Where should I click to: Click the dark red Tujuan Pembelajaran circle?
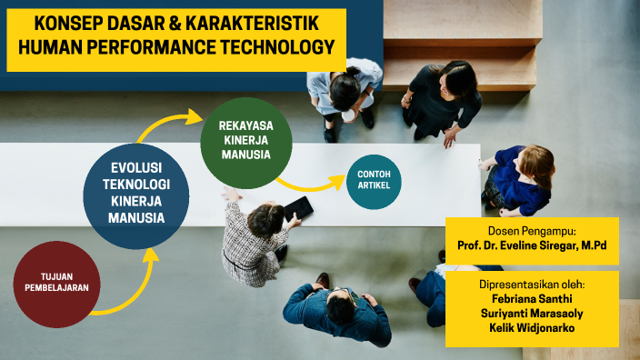57,284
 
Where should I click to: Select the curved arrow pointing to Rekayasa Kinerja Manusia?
168,123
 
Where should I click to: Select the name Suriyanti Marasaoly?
533,314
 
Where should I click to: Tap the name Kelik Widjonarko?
533,328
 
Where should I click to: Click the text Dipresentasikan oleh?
533,284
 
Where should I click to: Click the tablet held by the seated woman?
297,210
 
